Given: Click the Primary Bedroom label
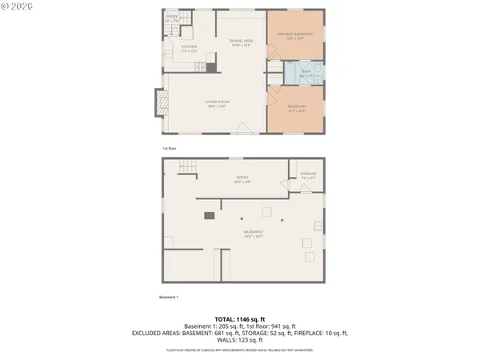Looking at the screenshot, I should coord(294,35).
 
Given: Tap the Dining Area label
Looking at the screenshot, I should coord(242,42).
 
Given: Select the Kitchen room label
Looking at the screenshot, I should coord(189,49).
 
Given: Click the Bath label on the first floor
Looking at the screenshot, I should coord(306,73).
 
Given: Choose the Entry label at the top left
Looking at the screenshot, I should coord(171,18).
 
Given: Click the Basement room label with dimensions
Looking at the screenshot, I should coord(254,234).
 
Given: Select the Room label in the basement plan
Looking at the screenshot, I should coord(241,179).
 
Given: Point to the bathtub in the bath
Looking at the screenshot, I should coord(293,72).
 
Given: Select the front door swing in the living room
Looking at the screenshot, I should coord(254,128).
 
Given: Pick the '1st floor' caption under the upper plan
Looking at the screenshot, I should coord(170,149).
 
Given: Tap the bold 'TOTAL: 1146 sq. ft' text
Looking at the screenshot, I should coord(240,319).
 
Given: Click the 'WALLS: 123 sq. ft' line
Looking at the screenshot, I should coord(240,340).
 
